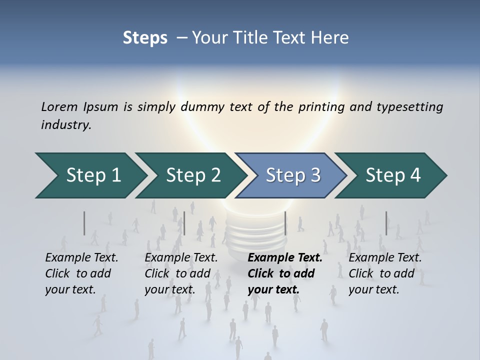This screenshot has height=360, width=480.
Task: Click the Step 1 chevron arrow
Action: click(x=90, y=175)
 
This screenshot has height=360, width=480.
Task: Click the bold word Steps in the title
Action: click(x=145, y=38)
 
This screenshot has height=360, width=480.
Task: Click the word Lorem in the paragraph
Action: click(x=59, y=106)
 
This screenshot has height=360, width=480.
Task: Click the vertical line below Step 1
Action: click(x=84, y=223)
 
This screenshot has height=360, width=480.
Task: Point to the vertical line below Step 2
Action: click(x=184, y=223)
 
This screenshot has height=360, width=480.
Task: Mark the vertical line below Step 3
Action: click(x=285, y=223)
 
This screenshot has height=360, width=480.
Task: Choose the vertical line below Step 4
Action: click(x=386, y=223)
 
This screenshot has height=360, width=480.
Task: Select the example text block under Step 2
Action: click(x=181, y=273)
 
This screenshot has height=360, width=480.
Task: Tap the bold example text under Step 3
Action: click(x=284, y=273)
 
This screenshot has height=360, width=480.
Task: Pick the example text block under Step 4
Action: click(x=384, y=273)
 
